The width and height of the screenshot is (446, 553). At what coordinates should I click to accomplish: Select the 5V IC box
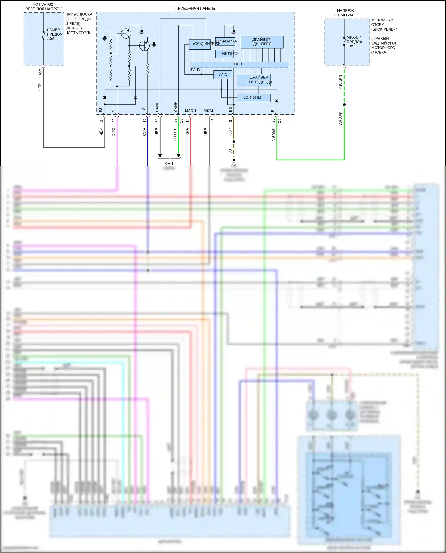pyautogui.click(x=223, y=75)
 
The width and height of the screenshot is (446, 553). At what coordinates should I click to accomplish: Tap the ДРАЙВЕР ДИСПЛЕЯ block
pyautogui.click(x=262, y=42)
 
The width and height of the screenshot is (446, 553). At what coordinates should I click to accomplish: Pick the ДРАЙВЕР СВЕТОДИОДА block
pyautogui.click(x=254, y=80)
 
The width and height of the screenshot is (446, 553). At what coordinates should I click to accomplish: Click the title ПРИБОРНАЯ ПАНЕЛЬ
pyautogui.click(x=195, y=8)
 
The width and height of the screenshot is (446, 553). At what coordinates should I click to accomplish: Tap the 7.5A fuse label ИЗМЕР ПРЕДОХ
pyautogui.click(x=54, y=34)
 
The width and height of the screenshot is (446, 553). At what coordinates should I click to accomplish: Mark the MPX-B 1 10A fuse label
pyautogui.click(x=354, y=42)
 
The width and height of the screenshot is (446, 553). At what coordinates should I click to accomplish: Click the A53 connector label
pyautogui.click(x=40, y=72)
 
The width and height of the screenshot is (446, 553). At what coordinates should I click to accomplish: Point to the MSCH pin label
pyautogui.click(x=190, y=111)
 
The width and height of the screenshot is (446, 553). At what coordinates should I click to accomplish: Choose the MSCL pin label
pyautogui.click(x=209, y=111)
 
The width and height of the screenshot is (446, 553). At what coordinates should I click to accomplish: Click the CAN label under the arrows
pyautogui.click(x=169, y=163)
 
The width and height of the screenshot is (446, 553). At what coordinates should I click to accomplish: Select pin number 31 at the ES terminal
pyautogui.click(x=230, y=120)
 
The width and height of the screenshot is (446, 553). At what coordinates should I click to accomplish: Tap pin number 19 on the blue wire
pyautogui.click(x=145, y=120)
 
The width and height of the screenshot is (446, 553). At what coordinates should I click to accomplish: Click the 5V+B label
pyautogui.click(x=195, y=70)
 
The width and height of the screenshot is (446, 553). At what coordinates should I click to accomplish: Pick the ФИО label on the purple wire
pyautogui.click(x=114, y=132)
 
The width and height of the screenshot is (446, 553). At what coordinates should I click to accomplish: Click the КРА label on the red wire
pyautogui.click(x=187, y=132)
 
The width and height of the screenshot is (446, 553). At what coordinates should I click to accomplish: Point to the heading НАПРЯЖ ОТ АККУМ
pyautogui.click(x=344, y=13)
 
